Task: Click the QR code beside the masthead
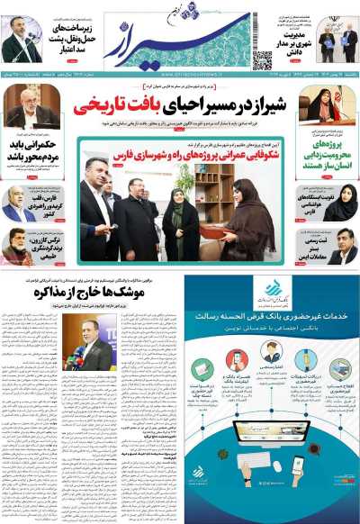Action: tap(262, 60)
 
